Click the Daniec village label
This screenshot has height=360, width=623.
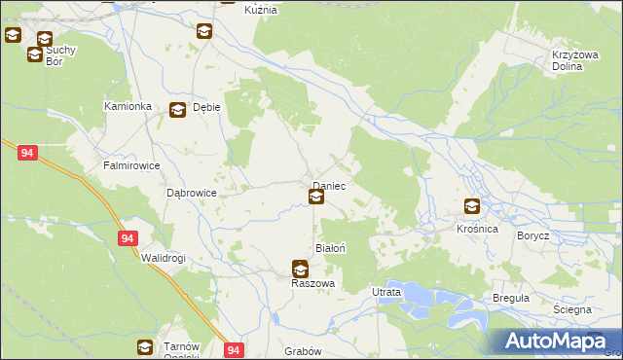click(x=329, y=185)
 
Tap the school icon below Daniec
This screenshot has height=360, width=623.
click(x=316, y=198)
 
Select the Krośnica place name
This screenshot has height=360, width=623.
click(x=477, y=228)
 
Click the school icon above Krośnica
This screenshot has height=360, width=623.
click(x=472, y=206)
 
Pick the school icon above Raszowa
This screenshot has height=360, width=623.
click(x=300, y=269)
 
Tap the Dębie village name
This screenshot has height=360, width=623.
click(x=206, y=109)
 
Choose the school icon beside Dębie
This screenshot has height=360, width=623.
click(x=177, y=111)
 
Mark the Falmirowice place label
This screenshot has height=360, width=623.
click(x=131, y=165)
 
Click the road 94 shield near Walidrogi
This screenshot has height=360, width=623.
click(x=128, y=237)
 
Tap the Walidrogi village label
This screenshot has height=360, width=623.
click(x=163, y=258)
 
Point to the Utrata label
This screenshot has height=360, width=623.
click(x=386, y=291)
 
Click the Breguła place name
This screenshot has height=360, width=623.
click(x=511, y=297)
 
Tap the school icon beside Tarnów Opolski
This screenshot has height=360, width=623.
click(x=144, y=346)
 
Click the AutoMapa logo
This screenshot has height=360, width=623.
click(x=554, y=342)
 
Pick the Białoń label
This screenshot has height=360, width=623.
click(x=330, y=248)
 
